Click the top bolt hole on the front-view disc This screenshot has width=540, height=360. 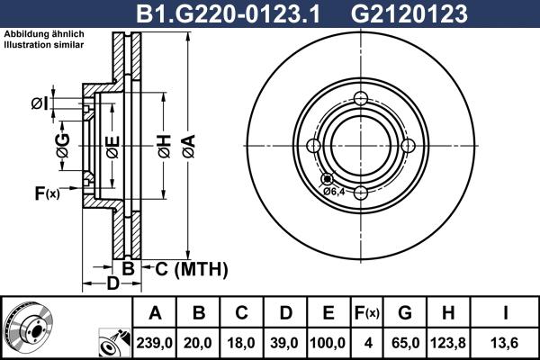(x=361, y=99)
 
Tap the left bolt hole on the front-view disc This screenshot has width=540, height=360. (x=314, y=146)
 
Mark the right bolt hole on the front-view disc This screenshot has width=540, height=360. (x=408, y=146)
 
